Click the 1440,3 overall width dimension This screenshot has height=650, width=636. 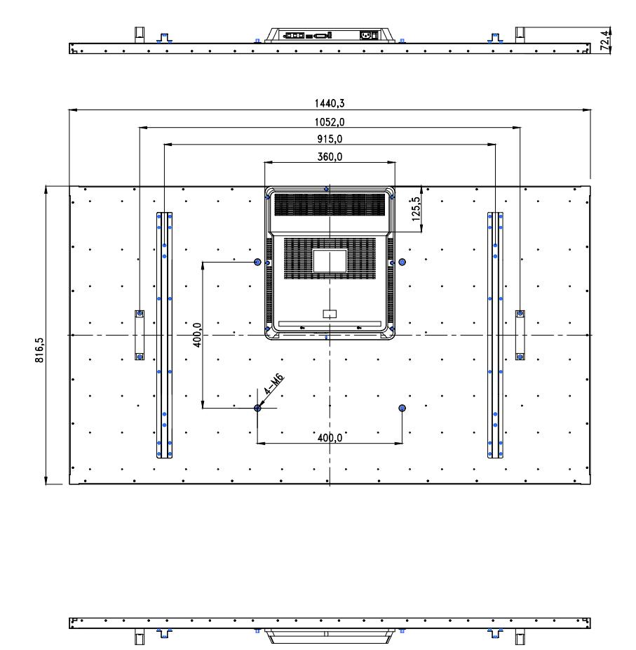(330, 102)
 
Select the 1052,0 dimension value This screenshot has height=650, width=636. (330, 122)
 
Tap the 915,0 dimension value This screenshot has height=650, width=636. (330, 139)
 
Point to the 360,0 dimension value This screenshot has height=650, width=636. (330, 157)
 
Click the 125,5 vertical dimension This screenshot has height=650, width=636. (416, 208)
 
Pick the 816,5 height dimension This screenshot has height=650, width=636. (39, 350)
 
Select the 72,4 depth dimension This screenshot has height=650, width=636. (605, 40)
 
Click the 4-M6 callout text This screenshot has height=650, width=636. (273, 384)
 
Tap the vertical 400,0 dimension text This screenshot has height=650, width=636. (198, 335)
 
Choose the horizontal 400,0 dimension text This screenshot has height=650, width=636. (330, 438)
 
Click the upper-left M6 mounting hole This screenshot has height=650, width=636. (257, 262)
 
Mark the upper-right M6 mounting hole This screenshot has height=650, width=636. (402, 262)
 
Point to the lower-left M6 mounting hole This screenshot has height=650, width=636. (257, 409)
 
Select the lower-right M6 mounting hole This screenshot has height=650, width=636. (402, 409)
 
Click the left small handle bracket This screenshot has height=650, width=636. (140, 335)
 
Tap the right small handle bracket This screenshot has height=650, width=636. (520, 335)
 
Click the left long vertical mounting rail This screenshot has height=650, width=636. (164, 335)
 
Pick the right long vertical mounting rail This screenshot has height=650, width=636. (495, 335)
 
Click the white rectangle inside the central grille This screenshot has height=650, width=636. (330, 260)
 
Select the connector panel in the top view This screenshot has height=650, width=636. (330, 35)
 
